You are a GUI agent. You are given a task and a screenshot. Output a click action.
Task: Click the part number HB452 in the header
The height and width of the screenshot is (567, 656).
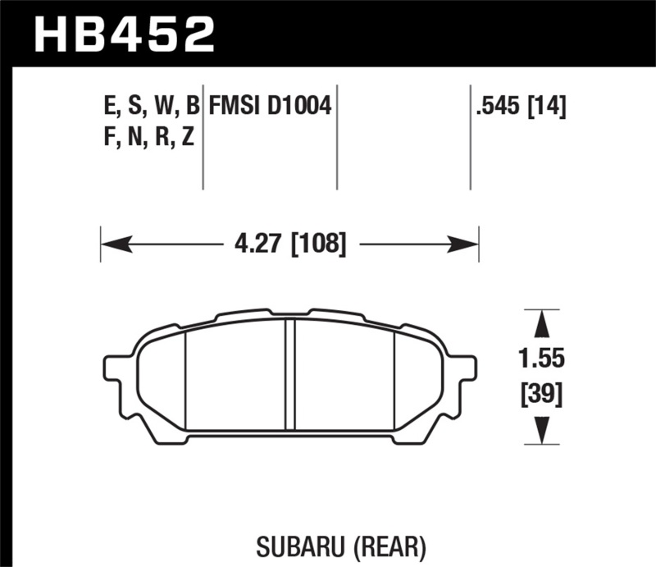pos(123,34)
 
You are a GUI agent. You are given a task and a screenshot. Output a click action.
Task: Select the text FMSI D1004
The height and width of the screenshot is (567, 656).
pos(270,106)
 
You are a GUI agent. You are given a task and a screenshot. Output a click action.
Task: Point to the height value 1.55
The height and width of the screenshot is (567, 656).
pos(540,359)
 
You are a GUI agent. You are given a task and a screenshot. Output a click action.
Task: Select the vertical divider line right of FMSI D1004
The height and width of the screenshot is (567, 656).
pos(338,135)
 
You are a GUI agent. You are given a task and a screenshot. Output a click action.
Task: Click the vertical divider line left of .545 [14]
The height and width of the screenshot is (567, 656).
pos(470,135)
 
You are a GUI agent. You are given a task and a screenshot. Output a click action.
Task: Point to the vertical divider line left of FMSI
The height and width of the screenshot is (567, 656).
pos(203,135)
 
